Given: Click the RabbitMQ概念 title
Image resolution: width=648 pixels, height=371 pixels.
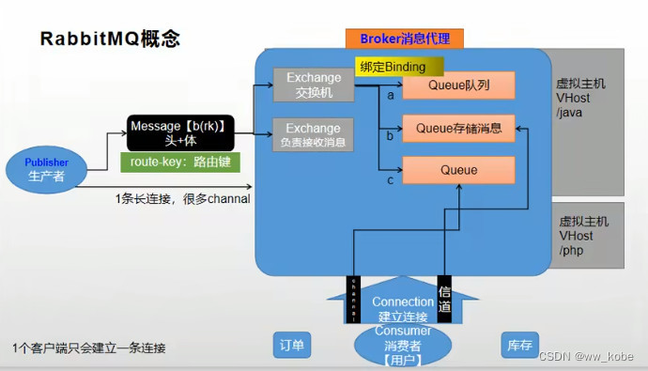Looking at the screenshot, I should pyautogui.click(x=109, y=39).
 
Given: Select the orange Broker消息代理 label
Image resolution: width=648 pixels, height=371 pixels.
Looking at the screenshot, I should pyautogui.click(x=405, y=39).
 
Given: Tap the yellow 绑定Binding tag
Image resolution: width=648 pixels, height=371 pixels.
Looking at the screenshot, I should pyautogui.click(x=391, y=67).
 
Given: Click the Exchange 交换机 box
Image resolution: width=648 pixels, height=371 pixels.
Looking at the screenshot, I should pyautogui.click(x=313, y=85).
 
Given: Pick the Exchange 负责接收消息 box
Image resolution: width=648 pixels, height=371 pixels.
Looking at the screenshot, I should pyautogui.click(x=313, y=134).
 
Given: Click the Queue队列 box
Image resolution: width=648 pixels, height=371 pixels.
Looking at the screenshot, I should pyautogui.click(x=458, y=85).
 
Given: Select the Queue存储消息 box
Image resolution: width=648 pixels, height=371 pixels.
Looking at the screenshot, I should pyautogui.click(x=458, y=129).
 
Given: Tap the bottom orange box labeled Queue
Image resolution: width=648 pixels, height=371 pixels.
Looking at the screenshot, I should pyautogui.click(x=458, y=170).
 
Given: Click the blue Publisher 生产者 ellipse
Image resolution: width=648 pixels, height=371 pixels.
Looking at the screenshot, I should pyautogui.click(x=47, y=169).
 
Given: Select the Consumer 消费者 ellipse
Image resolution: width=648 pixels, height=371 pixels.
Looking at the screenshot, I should pyautogui.click(x=403, y=344).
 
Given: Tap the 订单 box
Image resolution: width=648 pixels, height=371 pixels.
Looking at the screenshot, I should pyautogui.click(x=291, y=346).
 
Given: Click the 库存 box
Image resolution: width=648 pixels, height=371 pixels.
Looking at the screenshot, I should pyautogui.click(x=519, y=346).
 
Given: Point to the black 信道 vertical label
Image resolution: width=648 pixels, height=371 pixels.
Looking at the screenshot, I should pyautogui.click(x=445, y=299).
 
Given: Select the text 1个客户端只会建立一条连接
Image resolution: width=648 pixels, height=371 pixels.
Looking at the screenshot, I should pyautogui.click(x=89, y=348).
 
